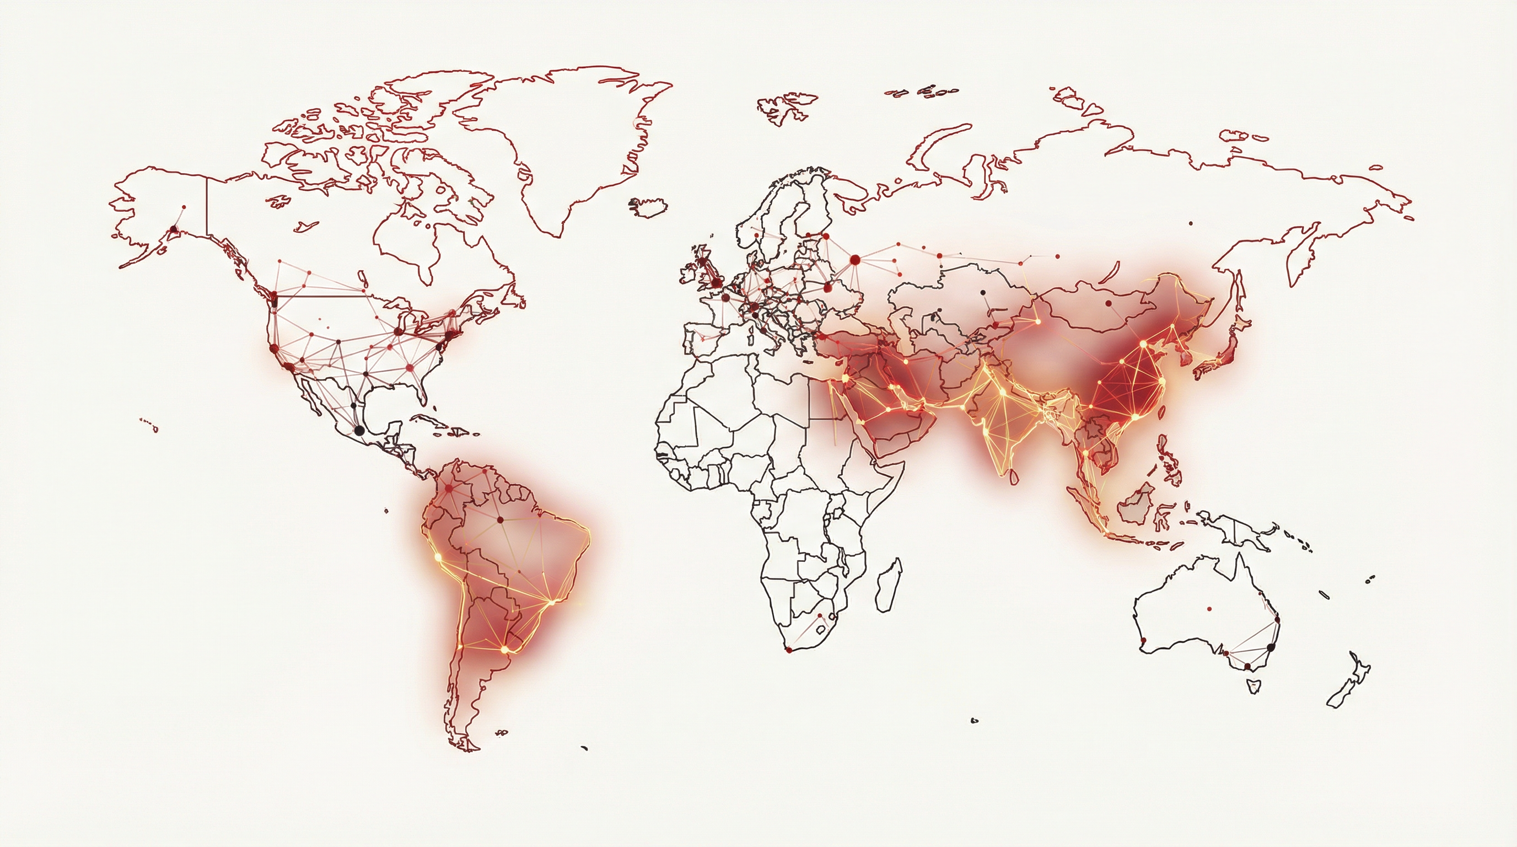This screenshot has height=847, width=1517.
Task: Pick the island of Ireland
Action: click(x=690, y=275)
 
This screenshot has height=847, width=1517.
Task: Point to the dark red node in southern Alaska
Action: click(x=173, y=229)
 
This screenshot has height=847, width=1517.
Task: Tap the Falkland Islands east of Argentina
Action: click(x=501, y=733)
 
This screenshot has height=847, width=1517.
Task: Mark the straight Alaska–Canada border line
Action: click(x=207, y=206)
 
